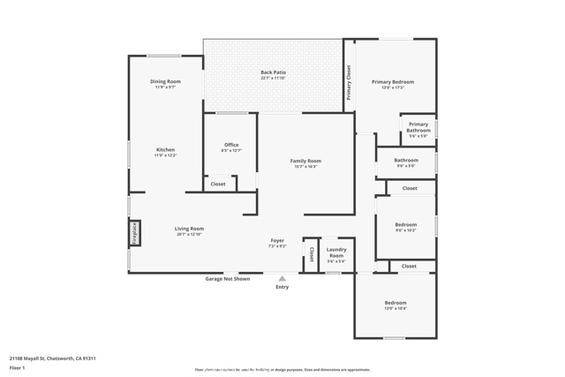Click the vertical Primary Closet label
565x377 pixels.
coord(349,82)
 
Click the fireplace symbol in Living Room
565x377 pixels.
coord(135,232)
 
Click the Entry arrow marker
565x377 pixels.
coord(282,278)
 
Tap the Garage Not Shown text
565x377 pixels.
coord(228,279)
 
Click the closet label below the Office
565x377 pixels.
coord(218,184)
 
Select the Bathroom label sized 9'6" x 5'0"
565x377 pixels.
coord(406,162)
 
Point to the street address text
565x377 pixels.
coord(52,358)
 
